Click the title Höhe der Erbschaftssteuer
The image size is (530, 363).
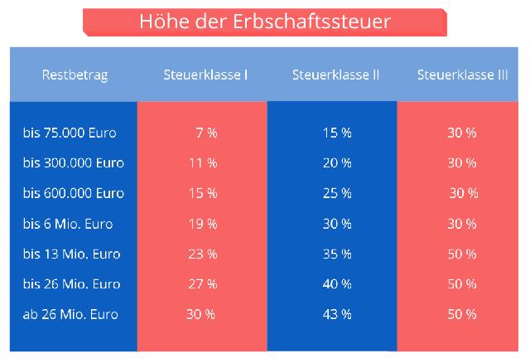264,20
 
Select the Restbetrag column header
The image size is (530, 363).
75,75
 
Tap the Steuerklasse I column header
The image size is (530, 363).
205,75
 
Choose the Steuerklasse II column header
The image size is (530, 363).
335,75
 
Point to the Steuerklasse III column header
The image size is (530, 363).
463,75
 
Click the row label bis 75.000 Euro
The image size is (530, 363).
70,133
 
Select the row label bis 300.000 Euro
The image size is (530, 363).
74,163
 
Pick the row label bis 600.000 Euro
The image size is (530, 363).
74,193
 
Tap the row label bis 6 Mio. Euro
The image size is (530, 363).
68,224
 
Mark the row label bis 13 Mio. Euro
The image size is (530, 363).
71,254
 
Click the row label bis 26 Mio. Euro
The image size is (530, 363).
71,284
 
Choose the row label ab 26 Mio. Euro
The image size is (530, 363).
70,314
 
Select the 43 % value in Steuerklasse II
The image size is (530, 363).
336,314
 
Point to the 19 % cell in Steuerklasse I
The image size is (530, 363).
203,224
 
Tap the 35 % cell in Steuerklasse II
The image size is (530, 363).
336,254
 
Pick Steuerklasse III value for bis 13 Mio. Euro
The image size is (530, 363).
462,254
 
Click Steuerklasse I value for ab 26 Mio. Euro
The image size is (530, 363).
200,314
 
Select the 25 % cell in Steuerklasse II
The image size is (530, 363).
336,193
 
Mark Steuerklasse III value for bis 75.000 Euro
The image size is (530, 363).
462,133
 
